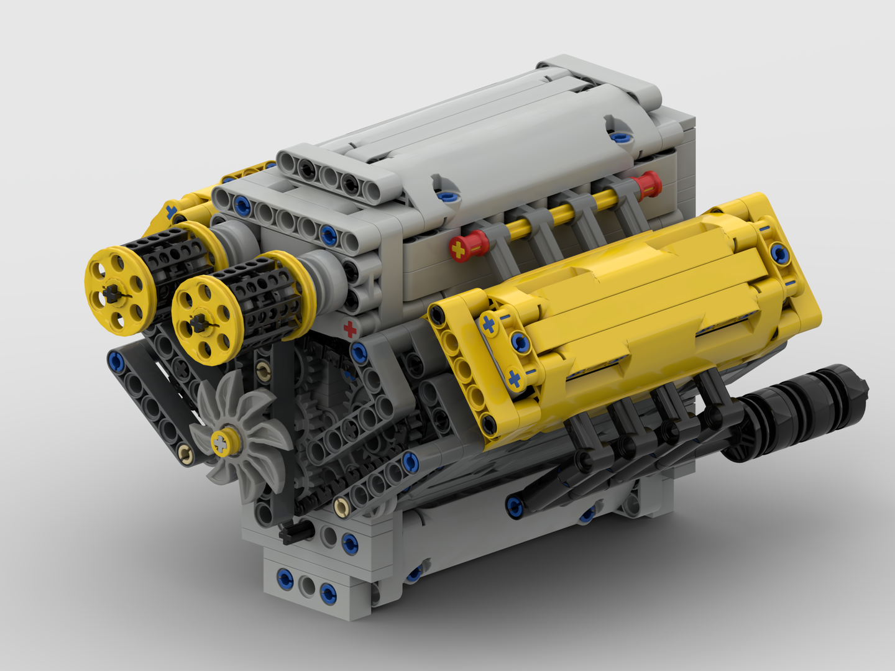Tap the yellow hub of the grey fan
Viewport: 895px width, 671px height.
point(221,443)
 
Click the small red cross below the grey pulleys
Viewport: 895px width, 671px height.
point(351,329)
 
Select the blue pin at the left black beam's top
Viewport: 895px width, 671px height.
point(115,360)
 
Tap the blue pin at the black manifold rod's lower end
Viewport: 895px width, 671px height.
point(515,506)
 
